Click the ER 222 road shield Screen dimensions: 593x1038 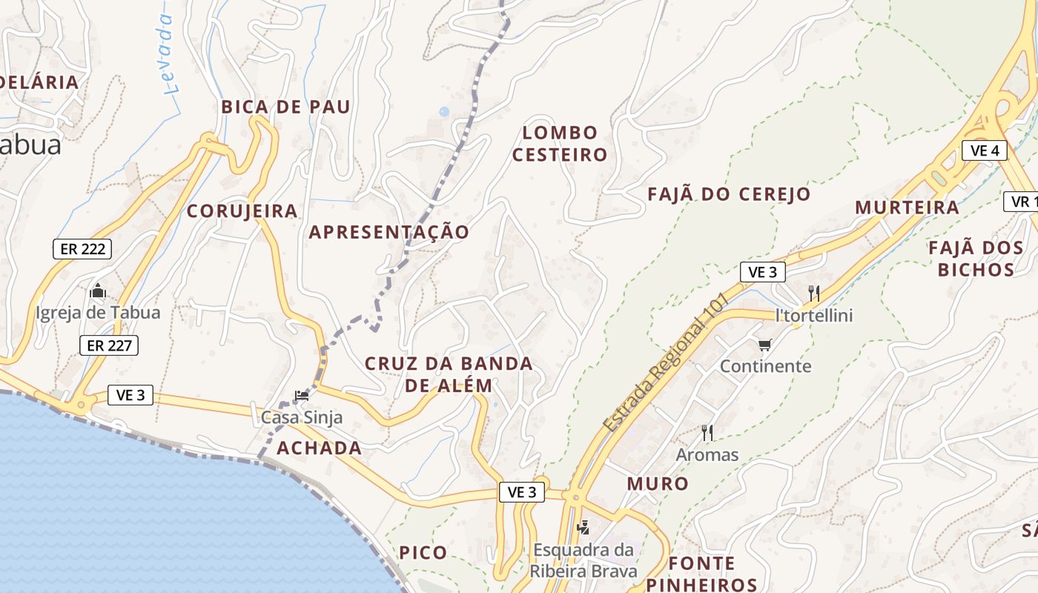[x=82, y=249]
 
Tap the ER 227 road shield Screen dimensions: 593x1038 [x=109, y=345]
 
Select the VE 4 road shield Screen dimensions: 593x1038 [x=985, y=150]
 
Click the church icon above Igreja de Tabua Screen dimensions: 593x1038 [x=97, y=291]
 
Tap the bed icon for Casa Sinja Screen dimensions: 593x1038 [x=301, y=396]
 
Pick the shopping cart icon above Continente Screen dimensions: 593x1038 [x=765, y=345]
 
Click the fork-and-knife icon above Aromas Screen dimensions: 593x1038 [x=707, y=432]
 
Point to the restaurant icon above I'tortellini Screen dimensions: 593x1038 [x=813, y=293]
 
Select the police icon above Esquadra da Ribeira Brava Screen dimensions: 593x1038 [x=584, y=528]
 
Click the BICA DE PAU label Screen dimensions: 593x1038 [x=285, y=107]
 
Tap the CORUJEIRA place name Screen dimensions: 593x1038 [x=242, y=211]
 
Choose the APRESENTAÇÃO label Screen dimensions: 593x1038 [x=389, y=232]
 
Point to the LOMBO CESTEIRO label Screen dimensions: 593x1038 [x=560, y=144]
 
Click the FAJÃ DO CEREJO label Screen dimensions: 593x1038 [x=729, y=195]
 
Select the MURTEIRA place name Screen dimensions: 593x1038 [x=907, y=208]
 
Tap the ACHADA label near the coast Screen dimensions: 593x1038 [x=319, y=448]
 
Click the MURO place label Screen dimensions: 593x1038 [x=658, y=484]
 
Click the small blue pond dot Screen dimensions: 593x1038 [x=443, y=112]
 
